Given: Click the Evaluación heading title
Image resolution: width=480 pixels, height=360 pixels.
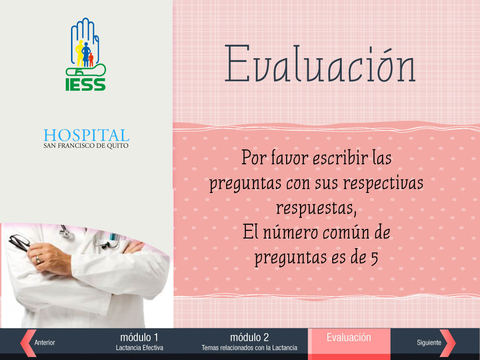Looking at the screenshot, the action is (320, 64).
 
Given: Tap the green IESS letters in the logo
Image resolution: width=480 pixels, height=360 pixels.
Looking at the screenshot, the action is (85, 84).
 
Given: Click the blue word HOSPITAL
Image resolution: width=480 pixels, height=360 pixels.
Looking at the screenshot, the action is (86, 135).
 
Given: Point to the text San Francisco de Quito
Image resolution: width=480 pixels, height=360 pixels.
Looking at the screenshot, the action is (86, 146).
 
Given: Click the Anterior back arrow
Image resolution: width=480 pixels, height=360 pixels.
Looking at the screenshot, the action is (28, 343).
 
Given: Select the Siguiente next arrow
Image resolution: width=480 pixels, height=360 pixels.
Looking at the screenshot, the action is (447, 343).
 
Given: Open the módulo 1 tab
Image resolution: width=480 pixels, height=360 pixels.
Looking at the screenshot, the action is (139, 342).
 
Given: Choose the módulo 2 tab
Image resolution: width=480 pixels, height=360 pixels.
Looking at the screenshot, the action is (250, 342).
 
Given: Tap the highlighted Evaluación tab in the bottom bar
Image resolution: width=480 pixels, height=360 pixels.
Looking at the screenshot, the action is (349, 342).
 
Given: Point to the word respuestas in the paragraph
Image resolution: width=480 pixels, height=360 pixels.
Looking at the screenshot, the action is (316, 208).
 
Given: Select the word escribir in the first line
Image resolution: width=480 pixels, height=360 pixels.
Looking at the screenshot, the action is (340, 158).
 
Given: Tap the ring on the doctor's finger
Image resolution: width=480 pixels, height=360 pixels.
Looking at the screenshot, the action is (38, 260).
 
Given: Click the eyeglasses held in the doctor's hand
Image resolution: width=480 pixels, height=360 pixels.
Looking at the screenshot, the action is (19, 242).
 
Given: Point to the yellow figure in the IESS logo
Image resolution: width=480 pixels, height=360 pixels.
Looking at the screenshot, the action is (79, 53).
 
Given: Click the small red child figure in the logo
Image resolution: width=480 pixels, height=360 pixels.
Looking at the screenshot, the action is (91, 60).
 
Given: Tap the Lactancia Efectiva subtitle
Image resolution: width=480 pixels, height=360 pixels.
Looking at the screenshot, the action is (139, 348).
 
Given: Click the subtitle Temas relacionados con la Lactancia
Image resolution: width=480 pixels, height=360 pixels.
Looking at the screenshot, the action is (250, 348).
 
